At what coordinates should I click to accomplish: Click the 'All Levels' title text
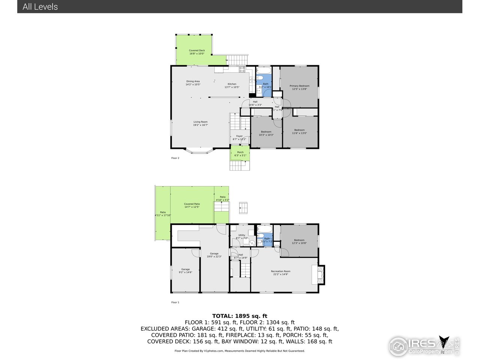40,7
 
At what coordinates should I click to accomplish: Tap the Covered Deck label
196,52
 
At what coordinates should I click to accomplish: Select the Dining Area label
193,83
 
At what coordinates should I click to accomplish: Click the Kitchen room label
232,85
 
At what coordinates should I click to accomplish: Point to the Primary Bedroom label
299,87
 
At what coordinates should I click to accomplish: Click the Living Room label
200,123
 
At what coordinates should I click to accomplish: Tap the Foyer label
239,138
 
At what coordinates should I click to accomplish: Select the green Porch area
240,154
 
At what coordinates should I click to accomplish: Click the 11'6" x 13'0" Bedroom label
299,132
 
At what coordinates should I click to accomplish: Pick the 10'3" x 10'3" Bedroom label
266,133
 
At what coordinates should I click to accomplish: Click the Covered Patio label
192,205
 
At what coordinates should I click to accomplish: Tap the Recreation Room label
280,273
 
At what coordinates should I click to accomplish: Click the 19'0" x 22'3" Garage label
214,255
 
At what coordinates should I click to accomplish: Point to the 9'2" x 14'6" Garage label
185,271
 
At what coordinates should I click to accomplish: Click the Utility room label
241,237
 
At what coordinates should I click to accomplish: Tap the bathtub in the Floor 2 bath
264,70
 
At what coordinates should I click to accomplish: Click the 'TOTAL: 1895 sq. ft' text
240,316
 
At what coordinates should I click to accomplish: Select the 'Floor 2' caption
175,158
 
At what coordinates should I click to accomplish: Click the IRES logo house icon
398,346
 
